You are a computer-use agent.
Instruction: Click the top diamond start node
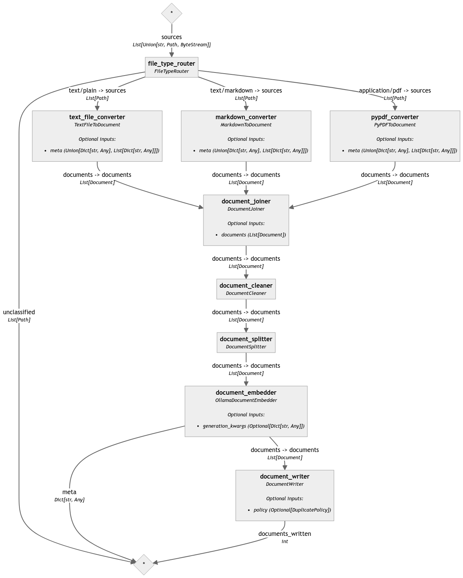pos(172,13)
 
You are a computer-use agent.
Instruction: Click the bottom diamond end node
pos(144,564)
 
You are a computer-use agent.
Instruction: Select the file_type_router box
pos(172,67)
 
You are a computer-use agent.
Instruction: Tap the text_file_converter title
pos(97,117)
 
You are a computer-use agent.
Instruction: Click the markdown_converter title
pos(246,117)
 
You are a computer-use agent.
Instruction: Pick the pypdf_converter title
pos(395,117)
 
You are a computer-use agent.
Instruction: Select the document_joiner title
pos(246,202)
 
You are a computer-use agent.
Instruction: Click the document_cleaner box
pos(246,289)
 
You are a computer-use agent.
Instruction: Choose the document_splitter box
pos(246,342)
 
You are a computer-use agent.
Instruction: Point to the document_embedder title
pos(246,393)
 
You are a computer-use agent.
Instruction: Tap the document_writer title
pos(285,477)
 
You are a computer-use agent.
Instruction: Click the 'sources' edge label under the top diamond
pos(172,37)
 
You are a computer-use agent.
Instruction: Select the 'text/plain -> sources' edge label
pos(97,91)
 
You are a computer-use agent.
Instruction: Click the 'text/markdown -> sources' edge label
pos(246,91)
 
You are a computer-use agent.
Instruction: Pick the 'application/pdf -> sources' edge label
pos(395,91)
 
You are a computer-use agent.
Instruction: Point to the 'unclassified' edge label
pos(19,312)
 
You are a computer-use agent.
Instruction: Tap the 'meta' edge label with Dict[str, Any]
pos(69,492)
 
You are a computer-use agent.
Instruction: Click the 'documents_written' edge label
pos(285,534)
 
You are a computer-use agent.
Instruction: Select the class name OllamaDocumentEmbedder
pos(246,400)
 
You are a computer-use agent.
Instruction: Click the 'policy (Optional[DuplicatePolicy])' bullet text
pos(292,510)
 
